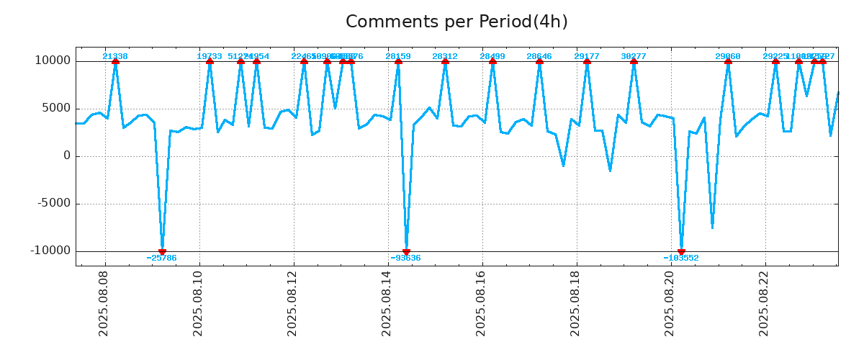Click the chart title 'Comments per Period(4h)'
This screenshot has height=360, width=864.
click(x=456, y=22)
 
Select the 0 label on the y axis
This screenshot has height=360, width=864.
click(x=67, y=156)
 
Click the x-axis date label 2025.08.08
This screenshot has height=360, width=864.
click(x=104, y=303)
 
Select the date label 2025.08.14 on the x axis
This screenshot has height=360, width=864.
click(x=387, y=303)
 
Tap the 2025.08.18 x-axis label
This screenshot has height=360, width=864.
click(x=575, y=303)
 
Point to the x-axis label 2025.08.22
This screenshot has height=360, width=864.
click(x=764, y=303)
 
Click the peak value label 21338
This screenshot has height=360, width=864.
click(x=115, y=56)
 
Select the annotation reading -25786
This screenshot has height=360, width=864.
click(x=161, y=258)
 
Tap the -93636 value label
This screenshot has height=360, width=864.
click(x=406, y=258)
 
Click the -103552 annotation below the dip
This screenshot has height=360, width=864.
click(x=681, y=258)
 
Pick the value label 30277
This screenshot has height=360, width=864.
click(x=634, y=56)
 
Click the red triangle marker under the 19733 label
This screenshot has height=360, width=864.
click(x=210, y=61)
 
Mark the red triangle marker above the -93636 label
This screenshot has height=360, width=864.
click(x=406, y=251)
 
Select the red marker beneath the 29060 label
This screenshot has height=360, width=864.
click(x=728, y=61)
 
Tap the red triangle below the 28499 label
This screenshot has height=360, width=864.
click(x=492, y=61)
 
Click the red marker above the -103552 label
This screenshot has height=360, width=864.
click(x=681, y=251)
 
